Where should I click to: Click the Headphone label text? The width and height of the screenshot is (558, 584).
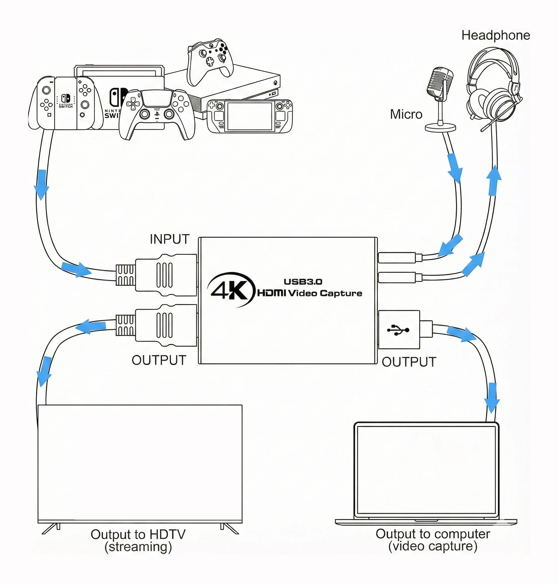[496, 35]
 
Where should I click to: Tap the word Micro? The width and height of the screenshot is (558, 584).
[406, 114]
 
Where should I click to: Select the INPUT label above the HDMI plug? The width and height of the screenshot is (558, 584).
[169, 239]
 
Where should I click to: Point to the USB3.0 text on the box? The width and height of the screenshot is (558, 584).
[303, 282]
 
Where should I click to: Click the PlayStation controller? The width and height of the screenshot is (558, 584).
[157, 113]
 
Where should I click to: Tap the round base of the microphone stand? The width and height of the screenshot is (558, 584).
[440, 128]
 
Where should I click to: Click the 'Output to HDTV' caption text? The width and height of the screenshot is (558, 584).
[138, 534]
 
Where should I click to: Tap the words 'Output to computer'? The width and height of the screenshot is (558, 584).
[433, 534]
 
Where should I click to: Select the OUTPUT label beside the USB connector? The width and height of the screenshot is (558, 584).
[409, 362]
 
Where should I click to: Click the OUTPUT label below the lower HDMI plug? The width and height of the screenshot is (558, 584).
[159, 360]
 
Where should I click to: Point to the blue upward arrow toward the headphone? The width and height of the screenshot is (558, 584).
[494, 180]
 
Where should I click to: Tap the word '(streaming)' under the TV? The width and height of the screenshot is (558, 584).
[138, 547]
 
